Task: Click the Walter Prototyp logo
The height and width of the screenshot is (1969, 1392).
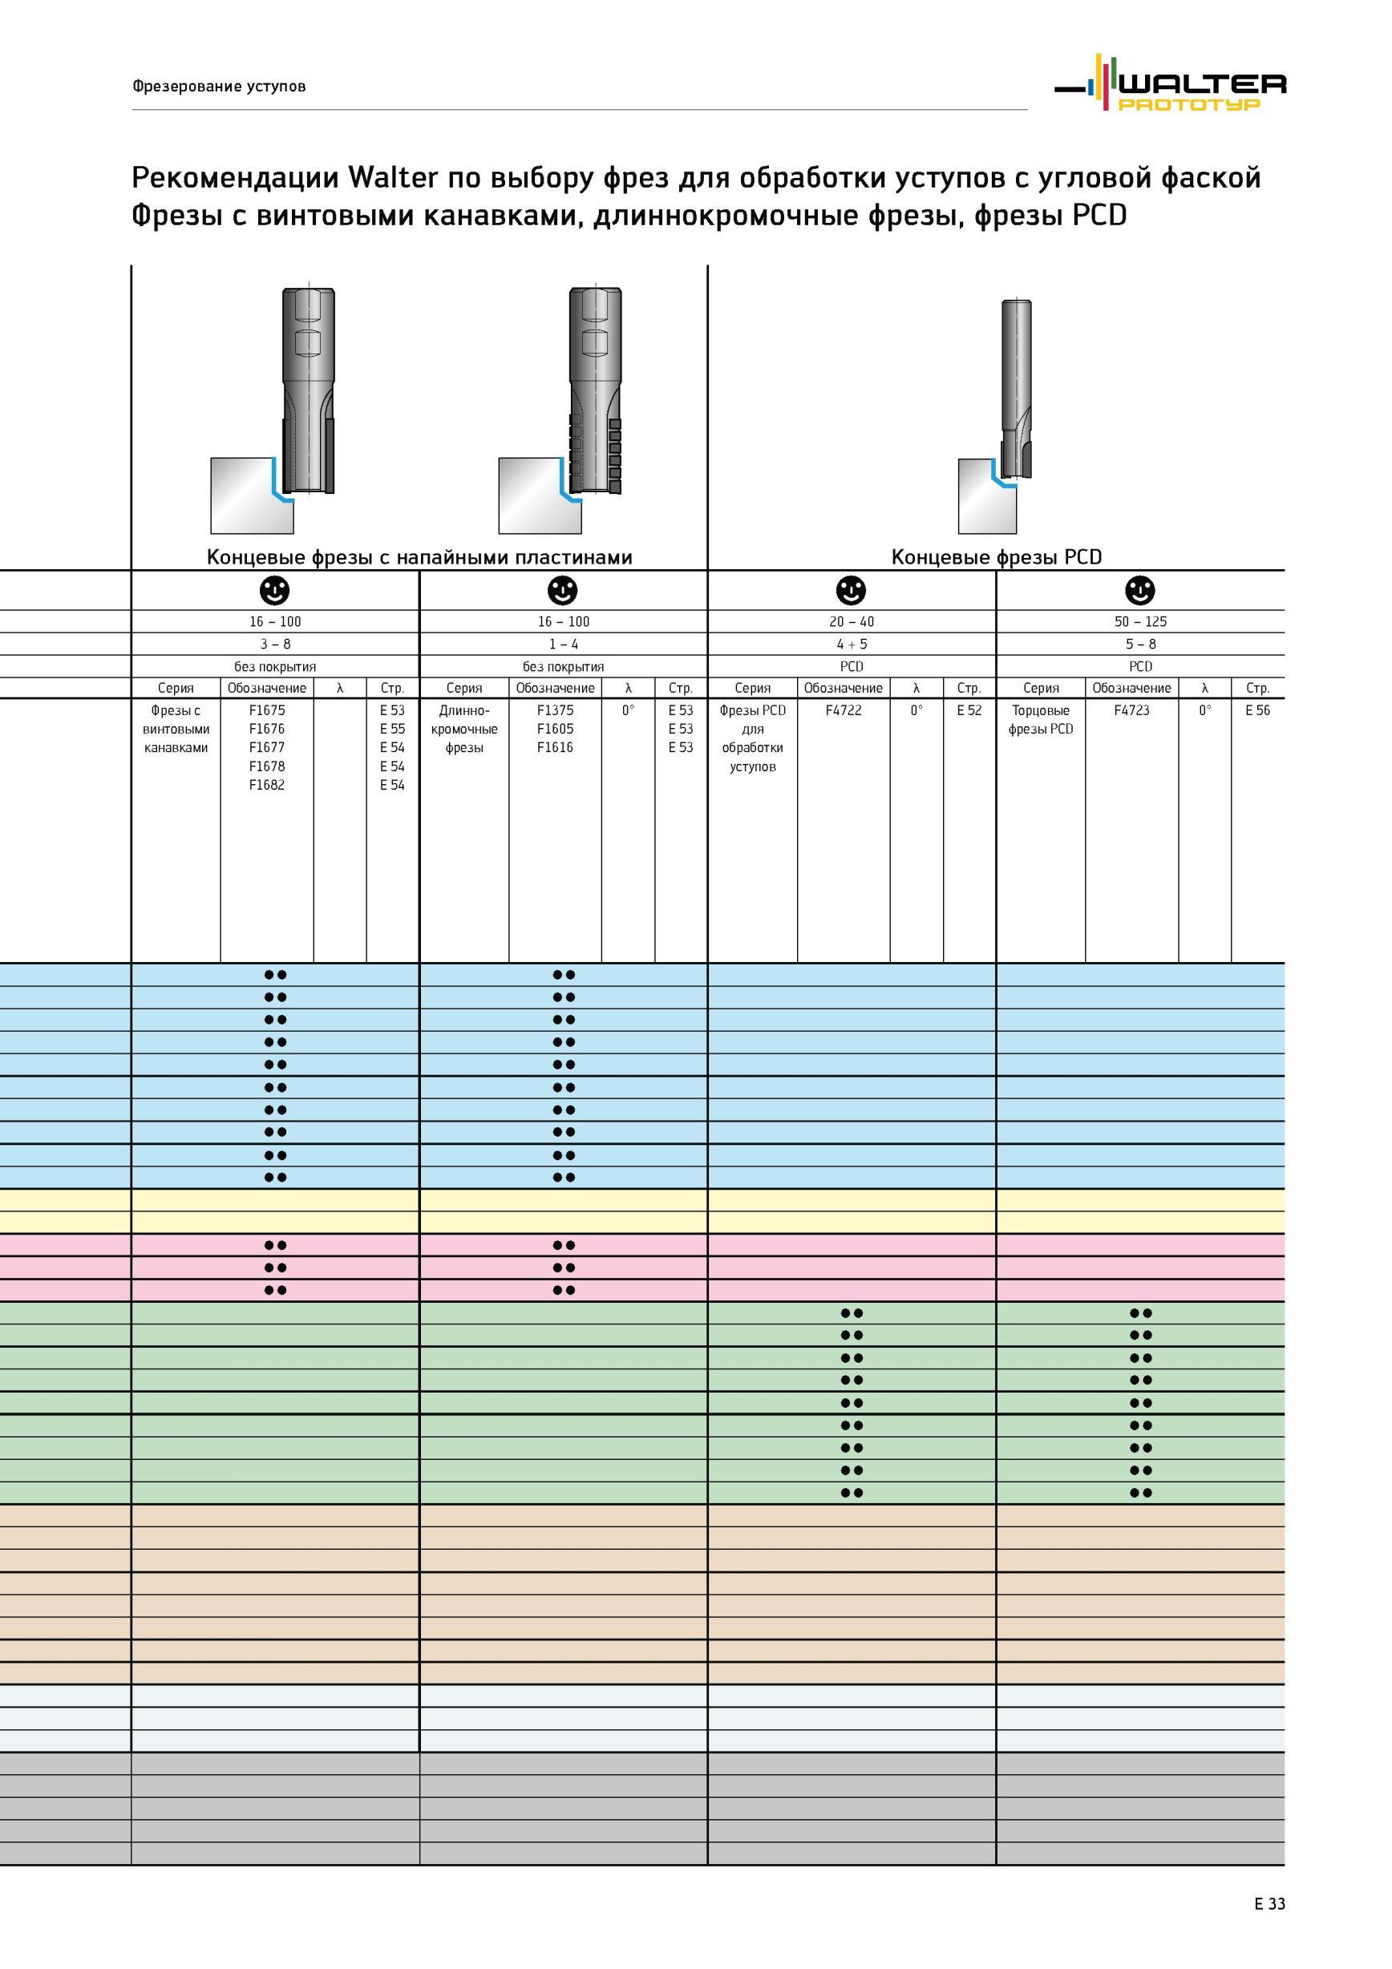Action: [1170, 83]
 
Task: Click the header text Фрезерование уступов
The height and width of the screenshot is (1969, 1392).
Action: [219, 87]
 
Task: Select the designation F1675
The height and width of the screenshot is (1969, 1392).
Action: [267, 710]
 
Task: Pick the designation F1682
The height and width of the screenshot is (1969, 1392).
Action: [267, 785]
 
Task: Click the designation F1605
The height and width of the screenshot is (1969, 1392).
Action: [555, 729]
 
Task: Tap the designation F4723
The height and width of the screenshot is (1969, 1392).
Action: [1131, 710]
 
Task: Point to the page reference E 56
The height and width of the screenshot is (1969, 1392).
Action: [1257, 710]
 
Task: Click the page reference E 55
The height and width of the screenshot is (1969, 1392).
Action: [392, 729]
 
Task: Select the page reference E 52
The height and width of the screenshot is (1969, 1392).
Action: [969, 710]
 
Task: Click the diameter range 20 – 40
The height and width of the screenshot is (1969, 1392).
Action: [852, 622]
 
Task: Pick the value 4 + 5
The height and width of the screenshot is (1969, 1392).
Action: [852, 644]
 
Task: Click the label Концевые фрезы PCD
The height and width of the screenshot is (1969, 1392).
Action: [997, 557]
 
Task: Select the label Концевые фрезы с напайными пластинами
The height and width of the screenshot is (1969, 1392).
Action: [419, 557]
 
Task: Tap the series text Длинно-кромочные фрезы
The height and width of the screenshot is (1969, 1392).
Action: [464, 729]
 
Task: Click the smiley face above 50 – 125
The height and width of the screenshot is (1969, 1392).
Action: [1140, 590]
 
